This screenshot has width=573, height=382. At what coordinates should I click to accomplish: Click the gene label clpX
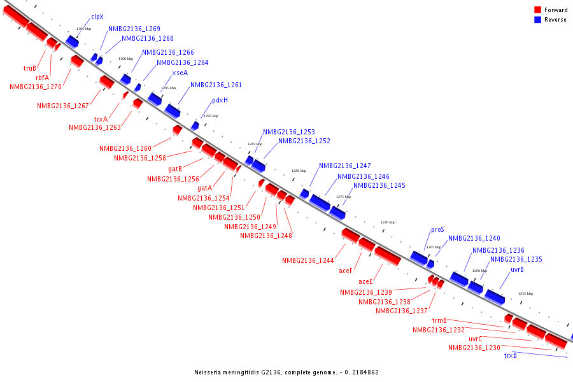tap(97, 17)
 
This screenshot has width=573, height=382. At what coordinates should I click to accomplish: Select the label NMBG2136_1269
tap(134, 29)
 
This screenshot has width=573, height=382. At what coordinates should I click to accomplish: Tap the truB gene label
tap(29, 68)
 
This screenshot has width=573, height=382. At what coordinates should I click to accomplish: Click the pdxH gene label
tap(220, 100)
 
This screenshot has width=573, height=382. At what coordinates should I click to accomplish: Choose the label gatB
tap(175, 169)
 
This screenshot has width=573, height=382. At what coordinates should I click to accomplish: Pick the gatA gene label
tap(204, 188)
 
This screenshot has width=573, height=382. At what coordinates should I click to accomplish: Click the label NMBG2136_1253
tap(288, 132)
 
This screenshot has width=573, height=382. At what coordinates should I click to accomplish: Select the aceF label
tap(346, 271)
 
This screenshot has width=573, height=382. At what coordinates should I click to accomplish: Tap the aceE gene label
tap(365, 281)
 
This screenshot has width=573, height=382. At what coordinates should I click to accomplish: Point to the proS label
tap(437, 229)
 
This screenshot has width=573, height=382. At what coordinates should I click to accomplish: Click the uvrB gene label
tap(517, 270)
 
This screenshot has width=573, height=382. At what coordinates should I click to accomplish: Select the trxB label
tap(510, 355)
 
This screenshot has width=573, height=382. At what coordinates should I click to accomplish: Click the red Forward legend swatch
tap(537, 10)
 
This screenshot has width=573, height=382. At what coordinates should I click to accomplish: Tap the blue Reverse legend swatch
tap(537, 20)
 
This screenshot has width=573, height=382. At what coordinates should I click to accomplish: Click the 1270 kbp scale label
tap(388, 222)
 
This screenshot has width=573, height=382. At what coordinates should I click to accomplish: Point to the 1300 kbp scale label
tap(125, 59)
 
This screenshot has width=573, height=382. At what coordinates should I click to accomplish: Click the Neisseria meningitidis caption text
tap(286, 372)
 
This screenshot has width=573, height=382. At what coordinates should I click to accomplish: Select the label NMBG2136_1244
tap(308, 260)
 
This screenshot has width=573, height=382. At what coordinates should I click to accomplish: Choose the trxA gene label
tap(101, 119)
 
